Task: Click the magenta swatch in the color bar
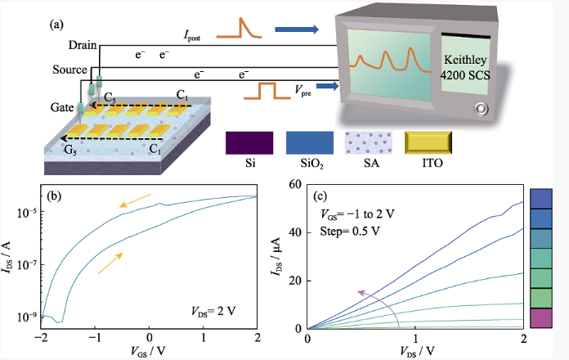(x=543, y=318)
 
